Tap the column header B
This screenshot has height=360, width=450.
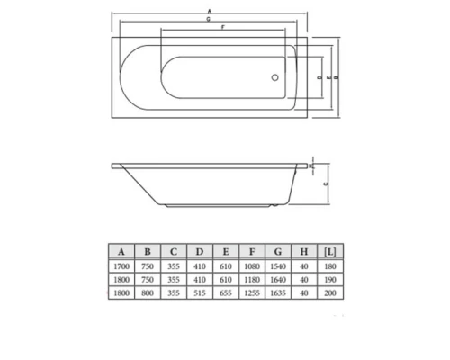point(147,250)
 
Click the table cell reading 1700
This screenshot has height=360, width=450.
point(121,267)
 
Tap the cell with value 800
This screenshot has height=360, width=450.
point(147,292)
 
